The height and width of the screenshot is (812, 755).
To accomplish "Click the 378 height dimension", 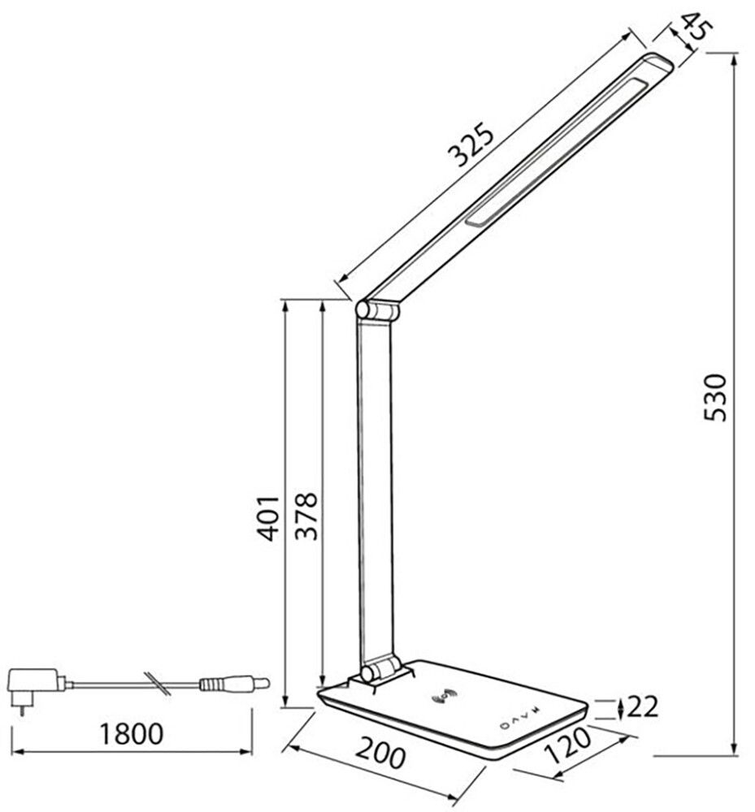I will pyautogui.click(x=307, y=516).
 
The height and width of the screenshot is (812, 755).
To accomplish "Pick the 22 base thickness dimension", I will pyautogui.click(x=642, y=708).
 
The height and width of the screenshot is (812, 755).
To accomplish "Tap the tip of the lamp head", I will pyautogui.click(x=660, y=62).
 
